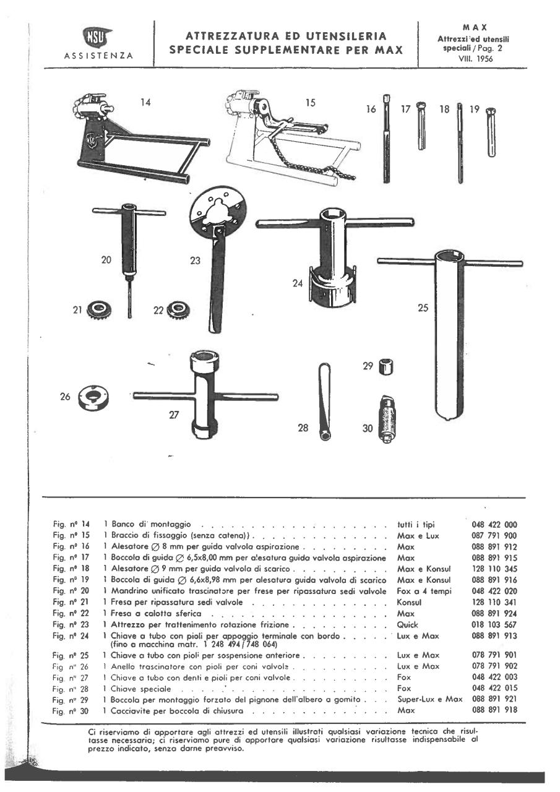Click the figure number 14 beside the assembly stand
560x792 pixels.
coord(145,103)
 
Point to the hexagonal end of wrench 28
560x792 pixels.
coord(325,435)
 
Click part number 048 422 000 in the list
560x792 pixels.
coord(494,524)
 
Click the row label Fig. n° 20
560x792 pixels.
coord(72,591)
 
